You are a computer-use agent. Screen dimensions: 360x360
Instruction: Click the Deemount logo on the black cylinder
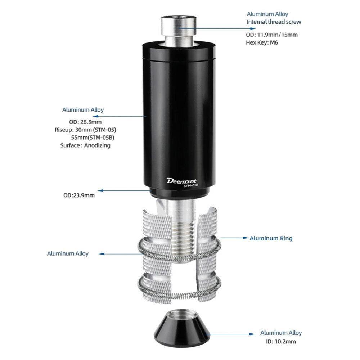pos(181,181)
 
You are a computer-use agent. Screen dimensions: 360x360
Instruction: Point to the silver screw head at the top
pos(179,31)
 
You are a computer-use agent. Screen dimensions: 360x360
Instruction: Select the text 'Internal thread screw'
pos(274,22)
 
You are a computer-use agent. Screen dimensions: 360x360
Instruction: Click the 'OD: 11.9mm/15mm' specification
pos(272,35)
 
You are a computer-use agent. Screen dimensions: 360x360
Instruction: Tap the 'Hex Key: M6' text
pos(262,42)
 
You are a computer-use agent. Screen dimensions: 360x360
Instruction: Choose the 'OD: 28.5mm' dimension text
pos(85,122)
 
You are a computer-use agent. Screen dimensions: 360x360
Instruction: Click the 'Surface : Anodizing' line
pos(85,145)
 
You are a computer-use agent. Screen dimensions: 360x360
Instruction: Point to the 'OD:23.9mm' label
pos(79,195)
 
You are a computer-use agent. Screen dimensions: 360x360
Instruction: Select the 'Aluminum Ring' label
pos(271,238)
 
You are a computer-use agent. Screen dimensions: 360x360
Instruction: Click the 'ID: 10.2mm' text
pos(281,341)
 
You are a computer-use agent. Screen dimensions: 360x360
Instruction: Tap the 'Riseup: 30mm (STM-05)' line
pos(85,130)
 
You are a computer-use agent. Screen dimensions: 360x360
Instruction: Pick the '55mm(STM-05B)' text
pos(93,138)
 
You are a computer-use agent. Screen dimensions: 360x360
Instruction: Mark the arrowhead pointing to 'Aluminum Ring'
pos(246,238)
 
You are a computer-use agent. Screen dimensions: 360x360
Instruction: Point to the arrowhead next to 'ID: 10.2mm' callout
pos(252,334)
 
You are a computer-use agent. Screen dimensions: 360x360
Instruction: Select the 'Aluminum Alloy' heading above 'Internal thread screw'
pos(267,14)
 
